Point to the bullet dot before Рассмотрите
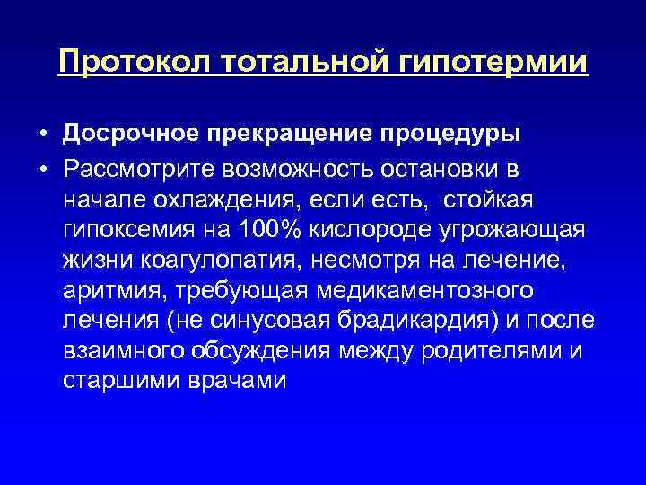[x=43, y=169]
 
